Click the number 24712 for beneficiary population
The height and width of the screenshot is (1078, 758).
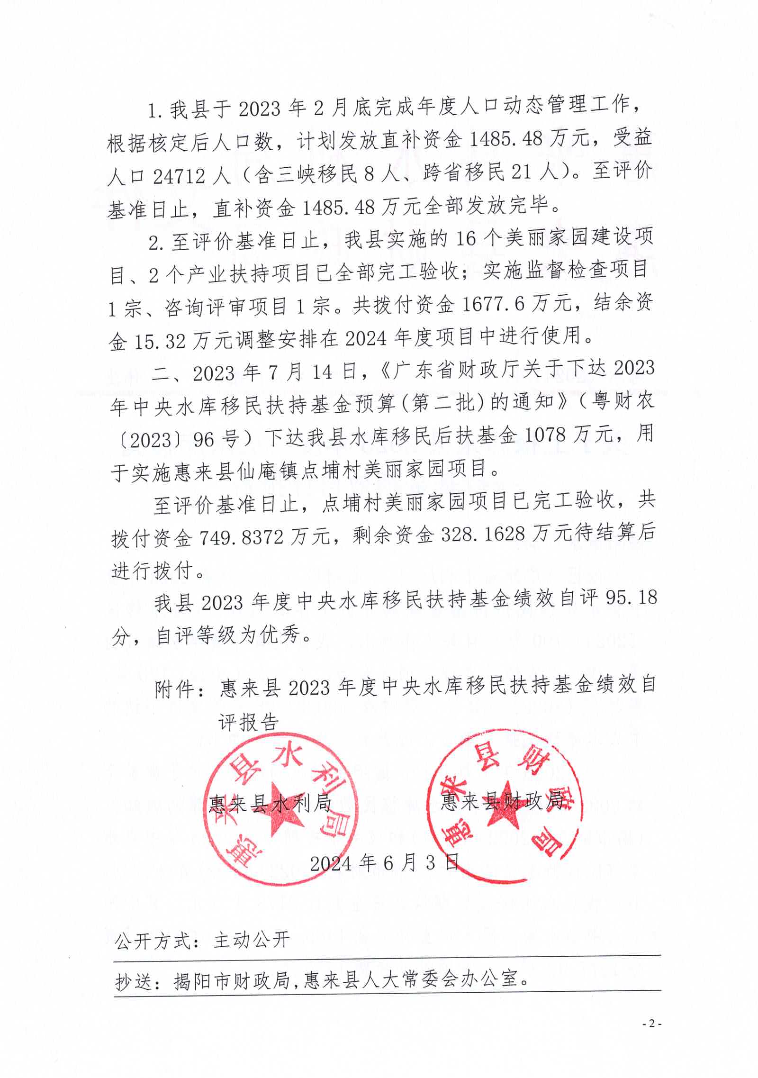179,176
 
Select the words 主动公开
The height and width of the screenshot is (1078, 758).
252,940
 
